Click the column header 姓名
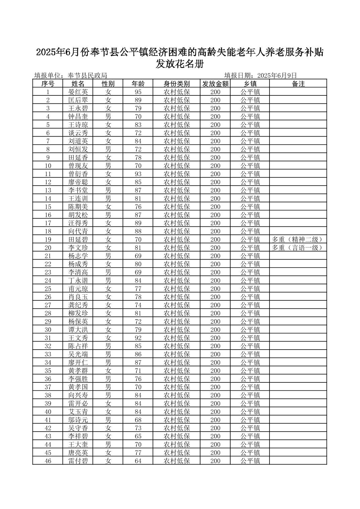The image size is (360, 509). (78, 84)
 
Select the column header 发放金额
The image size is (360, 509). (215, 84)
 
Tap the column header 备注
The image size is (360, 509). (298, 84)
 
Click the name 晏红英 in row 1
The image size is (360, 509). (78, 92)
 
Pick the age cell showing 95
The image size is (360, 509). (138, 92)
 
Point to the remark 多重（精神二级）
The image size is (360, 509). (298, 239)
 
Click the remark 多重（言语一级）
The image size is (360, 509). (298, 248)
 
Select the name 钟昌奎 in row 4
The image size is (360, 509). (78, 117)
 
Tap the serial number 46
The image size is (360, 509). (48, 461)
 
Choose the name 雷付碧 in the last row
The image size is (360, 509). (78, 461)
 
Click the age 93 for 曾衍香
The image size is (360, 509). (138, 174)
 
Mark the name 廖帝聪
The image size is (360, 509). (78, 182)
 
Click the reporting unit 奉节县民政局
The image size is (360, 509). (87, 76)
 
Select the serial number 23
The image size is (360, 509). (48, 272)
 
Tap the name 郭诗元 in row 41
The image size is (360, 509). (78, 420)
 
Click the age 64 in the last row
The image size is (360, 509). (138, 461)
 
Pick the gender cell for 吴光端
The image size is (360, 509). (108, 354)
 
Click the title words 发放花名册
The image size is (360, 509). (180, 64)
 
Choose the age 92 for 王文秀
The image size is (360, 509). (138, 338)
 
